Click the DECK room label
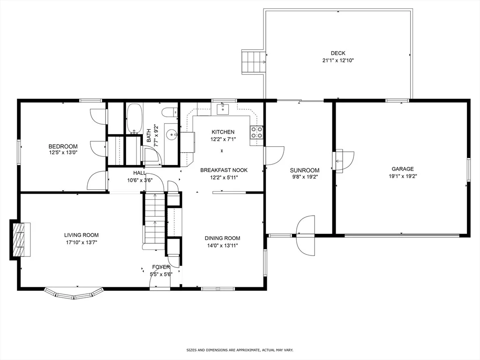338,53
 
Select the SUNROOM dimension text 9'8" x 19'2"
305,177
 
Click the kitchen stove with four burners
256,132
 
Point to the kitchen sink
223,109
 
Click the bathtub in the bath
135,119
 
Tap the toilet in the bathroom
170,112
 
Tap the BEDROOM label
63,146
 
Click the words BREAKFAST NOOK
224,170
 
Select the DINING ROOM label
223,238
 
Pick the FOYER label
161,267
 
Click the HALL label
140,173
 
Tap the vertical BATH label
149,135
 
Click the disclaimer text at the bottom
240,350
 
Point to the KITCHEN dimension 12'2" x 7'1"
223,139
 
